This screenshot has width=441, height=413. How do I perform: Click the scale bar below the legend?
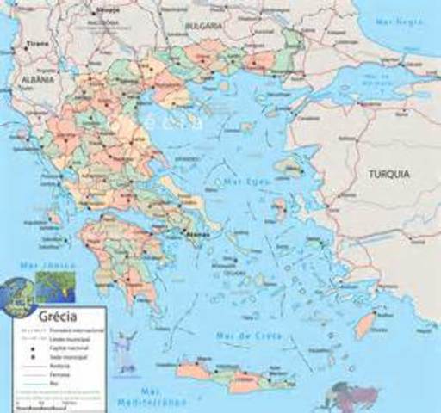pyautogui.click(x=26, y=408)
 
